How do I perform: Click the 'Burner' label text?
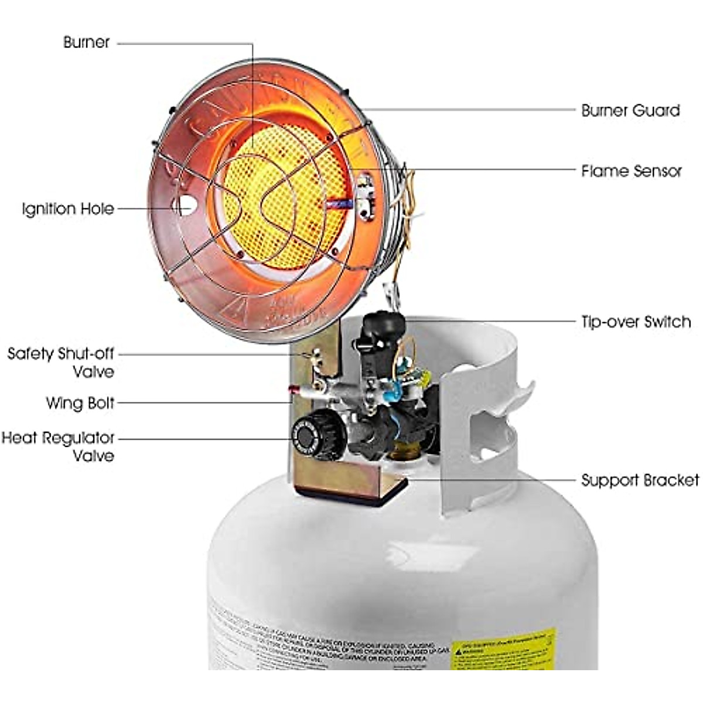click(87, 43)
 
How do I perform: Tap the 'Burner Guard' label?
click(630, 111)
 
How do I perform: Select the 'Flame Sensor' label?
click(632, 171)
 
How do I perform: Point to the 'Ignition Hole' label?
click(68, 209)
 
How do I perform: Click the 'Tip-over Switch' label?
click(636, 322)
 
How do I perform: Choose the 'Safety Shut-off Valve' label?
click(61, 363)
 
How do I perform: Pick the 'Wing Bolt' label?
click(80, 403)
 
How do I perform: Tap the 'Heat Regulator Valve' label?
click(58, 446)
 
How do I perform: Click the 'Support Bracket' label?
click(640, 480)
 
